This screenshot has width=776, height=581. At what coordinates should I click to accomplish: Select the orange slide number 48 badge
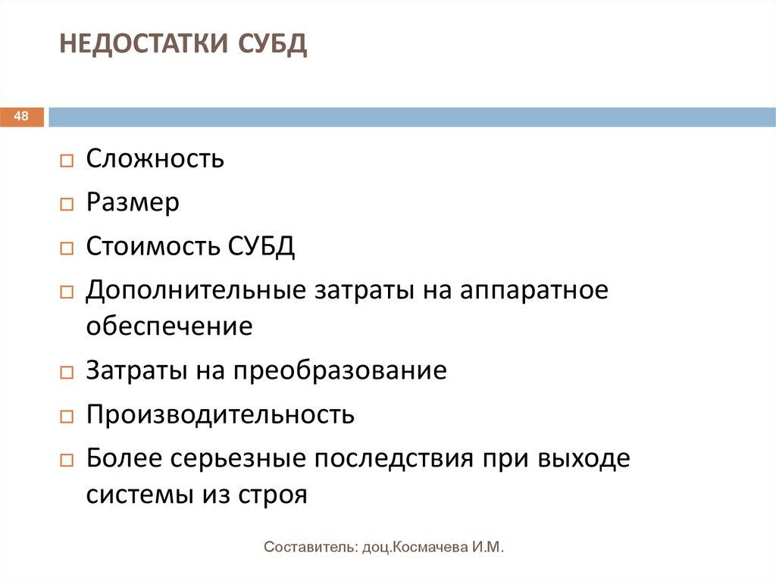coord(22,117)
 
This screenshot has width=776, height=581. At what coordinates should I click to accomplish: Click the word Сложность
coord(155,159)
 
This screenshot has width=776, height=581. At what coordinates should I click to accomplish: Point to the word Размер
coord(133,203)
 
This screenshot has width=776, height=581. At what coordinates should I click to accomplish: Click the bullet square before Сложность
coord(67,161)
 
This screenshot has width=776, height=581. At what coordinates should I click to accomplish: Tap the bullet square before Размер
coord(67,205)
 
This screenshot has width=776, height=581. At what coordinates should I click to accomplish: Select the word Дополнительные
coord(198,291)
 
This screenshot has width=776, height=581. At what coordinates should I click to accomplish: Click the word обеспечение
coord(169,326)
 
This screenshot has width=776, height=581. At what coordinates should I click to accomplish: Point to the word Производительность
coord(220,415)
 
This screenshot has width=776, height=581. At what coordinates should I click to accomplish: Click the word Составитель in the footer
coord(306,547)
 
